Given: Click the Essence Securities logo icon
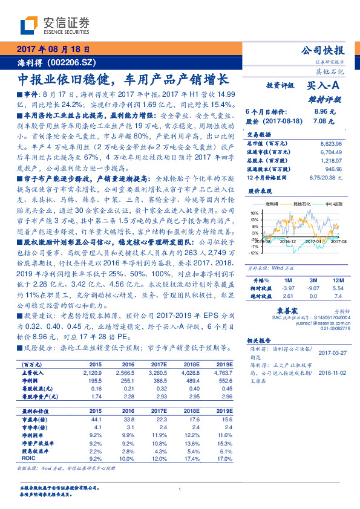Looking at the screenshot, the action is [30, 25].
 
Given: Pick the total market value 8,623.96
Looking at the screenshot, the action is [329, 143].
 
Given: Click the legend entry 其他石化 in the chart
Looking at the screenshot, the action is [302, 205].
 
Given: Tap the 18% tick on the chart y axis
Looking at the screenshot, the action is [253, 213].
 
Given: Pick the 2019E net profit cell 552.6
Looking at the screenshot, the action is [224, 381].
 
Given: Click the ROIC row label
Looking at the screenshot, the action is [29, 458].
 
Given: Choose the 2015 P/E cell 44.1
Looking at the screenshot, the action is [95, 419].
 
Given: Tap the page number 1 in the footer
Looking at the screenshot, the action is [180, 489].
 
